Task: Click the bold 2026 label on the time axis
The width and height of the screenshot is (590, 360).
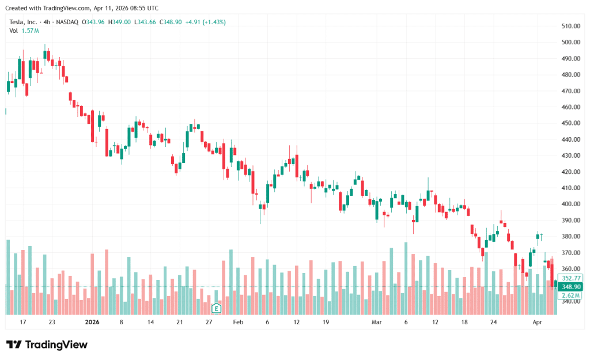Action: coord(92,323)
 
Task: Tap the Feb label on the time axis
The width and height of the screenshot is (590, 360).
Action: coord(238,323)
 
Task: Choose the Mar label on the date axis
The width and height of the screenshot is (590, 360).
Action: coord(377,323)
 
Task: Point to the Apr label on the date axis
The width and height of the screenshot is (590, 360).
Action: coord(537,323)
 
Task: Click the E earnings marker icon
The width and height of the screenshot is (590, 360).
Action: coord(216,308)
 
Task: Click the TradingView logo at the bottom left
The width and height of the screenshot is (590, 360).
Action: coord(47,344)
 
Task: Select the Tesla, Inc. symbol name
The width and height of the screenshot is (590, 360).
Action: coord(24,22)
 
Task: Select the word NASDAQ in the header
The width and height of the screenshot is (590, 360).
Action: coord(67,22)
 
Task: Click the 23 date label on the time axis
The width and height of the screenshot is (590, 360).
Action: coord(52,323)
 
